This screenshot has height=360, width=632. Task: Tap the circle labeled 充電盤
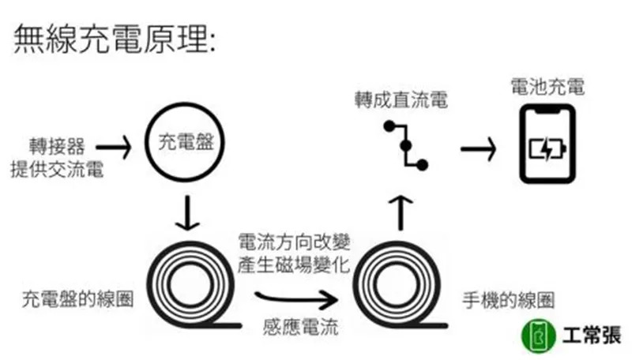[x=182, y=144]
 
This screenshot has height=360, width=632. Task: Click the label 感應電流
[x=299, y=326]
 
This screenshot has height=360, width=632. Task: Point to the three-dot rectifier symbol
[x=404, y=146]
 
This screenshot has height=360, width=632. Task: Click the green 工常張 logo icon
[x=534, y=336]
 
